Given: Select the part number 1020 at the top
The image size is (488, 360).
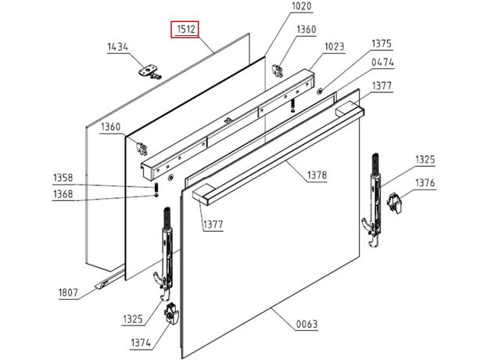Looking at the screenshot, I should click(279, 7).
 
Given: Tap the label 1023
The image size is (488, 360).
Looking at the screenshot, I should click(334, 46).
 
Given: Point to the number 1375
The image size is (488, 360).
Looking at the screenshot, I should click(382, 44).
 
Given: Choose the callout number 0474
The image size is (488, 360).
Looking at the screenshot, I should click(382, 62).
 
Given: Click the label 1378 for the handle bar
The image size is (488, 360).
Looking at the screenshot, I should click(317, 175).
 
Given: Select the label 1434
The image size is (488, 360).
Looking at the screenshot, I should click(117, 48).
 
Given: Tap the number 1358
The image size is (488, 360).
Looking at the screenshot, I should click(63, 178).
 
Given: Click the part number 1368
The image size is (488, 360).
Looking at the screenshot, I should click(63, 194).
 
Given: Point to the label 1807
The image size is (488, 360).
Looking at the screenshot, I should click(69, 293).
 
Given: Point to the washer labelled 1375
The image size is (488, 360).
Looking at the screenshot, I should click(321, 92).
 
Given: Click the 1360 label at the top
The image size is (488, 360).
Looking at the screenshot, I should click(306, 30).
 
